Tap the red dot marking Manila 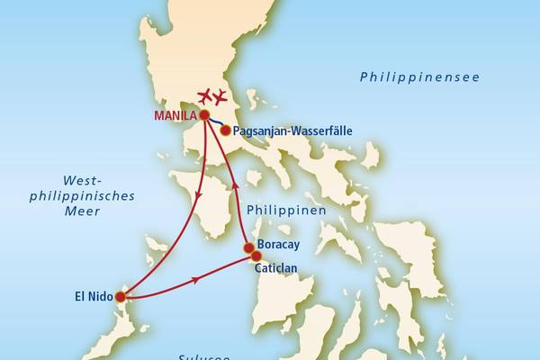click(x=205, y=115)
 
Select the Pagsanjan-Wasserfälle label click(x=291, y=130)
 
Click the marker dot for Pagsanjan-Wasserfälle click(x=225, y=130)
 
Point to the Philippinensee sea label click(x=419, y=77)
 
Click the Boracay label click(x=278, y=245)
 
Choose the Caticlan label click(x=279, y=267)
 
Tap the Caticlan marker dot click(x=256, y=256)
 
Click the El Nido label click(x=94, y=295)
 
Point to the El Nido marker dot click(x=121, y=296)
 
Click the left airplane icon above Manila click(x=204, y=96)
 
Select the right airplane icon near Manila click(x=219, y=96)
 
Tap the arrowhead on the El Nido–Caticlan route click(x=195, y=282)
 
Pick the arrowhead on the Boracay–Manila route click(x=236, y=185)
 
